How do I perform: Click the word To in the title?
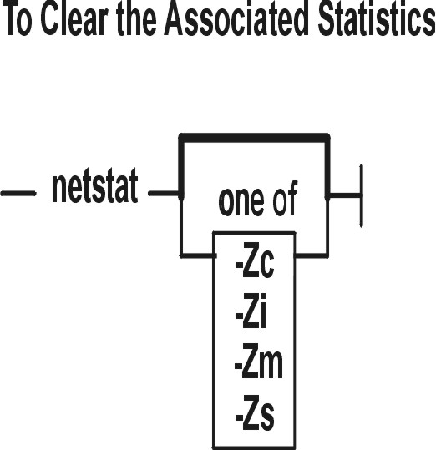coord(18,19)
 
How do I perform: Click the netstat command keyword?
coord(94,185)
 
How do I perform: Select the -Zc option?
coord(255,260)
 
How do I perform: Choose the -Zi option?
coord(251,311)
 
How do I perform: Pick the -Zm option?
coord(259,361)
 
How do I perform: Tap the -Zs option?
coord(255,412)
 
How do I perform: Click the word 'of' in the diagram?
coord(285,198)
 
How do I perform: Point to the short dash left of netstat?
coord(18,193)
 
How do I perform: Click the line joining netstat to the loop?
coord(165,193)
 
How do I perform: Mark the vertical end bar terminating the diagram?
coord(362,196)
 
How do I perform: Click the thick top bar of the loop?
coord(254,138)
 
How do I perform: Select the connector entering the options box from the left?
coord(198,255)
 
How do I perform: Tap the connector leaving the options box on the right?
coord(312,255)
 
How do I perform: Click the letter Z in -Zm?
coord(249,361)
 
